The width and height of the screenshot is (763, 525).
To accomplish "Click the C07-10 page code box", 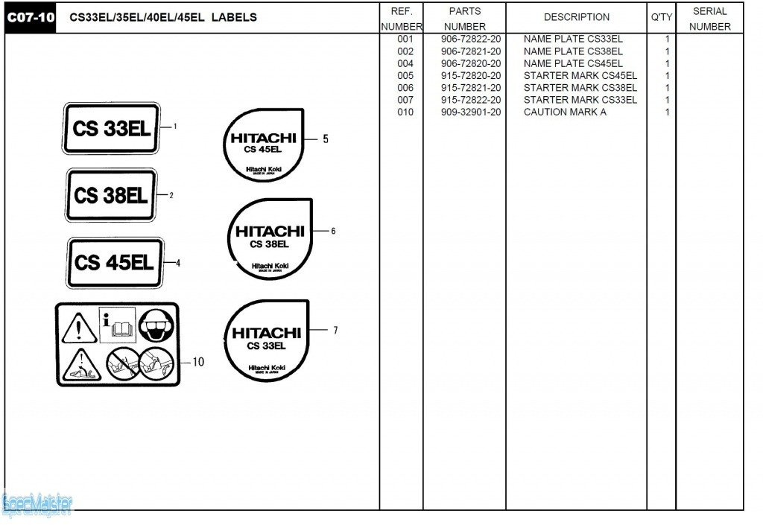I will (x=31, y=18).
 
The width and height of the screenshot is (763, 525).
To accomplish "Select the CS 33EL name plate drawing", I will (x=111, y=128).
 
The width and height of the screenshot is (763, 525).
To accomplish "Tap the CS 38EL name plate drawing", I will (x=110, y=195).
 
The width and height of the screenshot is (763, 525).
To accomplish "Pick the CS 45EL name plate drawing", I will (x=114, y=262).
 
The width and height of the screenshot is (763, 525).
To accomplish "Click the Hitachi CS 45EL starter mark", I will (x=263, y=144).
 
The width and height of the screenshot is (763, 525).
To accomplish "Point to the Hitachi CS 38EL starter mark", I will (x=269, y=238).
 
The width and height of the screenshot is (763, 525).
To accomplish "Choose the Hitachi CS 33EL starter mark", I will (x=266, y=340).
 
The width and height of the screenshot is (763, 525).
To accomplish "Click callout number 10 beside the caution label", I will (x=198, y=363).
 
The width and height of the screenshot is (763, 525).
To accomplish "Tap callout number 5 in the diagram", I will (x=326, y=139).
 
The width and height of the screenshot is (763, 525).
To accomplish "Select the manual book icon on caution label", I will (x=117, y=325).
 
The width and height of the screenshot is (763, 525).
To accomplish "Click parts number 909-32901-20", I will (x=471, y=112).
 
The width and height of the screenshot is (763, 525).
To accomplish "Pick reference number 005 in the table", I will (x=405, y=76).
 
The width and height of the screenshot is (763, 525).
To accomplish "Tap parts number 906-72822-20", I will (x=471, y=39).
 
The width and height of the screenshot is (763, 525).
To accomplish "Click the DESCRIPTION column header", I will (x=576, y=17).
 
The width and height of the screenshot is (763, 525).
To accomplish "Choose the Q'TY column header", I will (x=661, y=17).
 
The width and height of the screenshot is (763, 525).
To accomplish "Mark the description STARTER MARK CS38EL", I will (x=580, y=88).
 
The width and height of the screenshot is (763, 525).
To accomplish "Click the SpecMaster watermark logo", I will (x=37, y=505).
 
